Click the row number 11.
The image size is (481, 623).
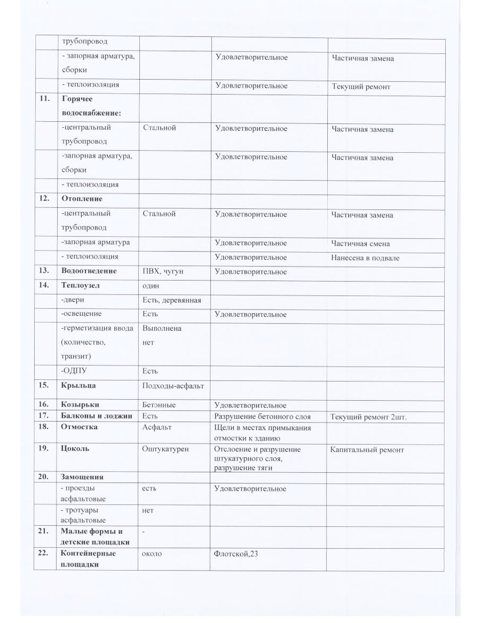[44, 100]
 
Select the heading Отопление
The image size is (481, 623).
[82, 199]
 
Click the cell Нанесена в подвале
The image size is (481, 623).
[365, 258]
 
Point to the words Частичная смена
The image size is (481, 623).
[360, 244]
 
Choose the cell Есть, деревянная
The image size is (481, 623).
[171, 300]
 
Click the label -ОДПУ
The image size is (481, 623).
[73, 371]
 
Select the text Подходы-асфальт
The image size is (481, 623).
[172, 385]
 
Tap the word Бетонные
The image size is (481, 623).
[159, 406]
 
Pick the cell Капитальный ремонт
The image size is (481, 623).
[367, 450]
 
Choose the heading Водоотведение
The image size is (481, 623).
[89, 271]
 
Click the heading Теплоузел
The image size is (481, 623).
[81, 285]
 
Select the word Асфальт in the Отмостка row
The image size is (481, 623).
[157, 427]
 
